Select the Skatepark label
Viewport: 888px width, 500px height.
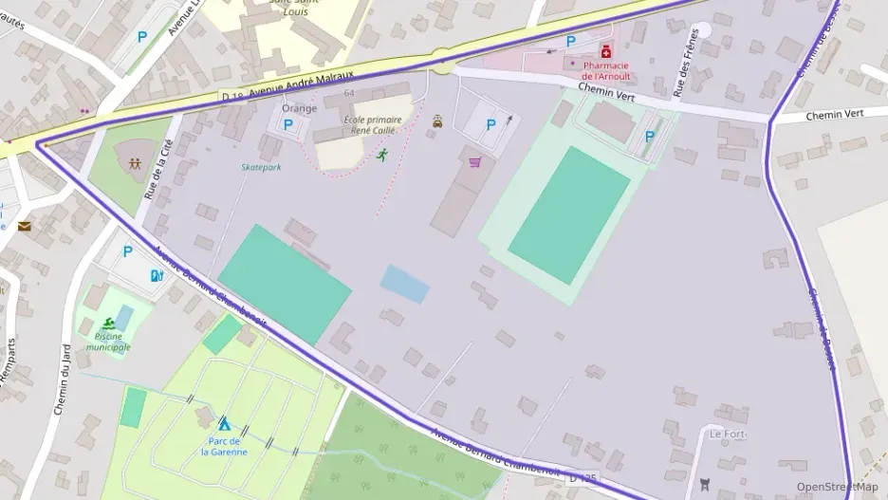point(261,167)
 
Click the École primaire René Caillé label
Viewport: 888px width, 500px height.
point(371,125)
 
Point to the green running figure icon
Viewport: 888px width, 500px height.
point(382,154)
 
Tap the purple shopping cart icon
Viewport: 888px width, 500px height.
point(474,161)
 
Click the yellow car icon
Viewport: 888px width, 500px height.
point(437,120)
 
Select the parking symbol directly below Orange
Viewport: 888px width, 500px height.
point(288,124)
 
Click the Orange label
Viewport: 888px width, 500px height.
point(299,108)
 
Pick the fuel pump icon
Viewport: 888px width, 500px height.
point(157,275)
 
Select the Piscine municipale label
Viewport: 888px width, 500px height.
point(108,342)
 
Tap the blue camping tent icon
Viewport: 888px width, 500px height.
point(224,423)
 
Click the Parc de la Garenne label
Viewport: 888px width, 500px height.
point(224,446)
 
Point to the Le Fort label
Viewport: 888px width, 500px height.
point(728,435)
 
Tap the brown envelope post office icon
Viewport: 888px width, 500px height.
point(24,226)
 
